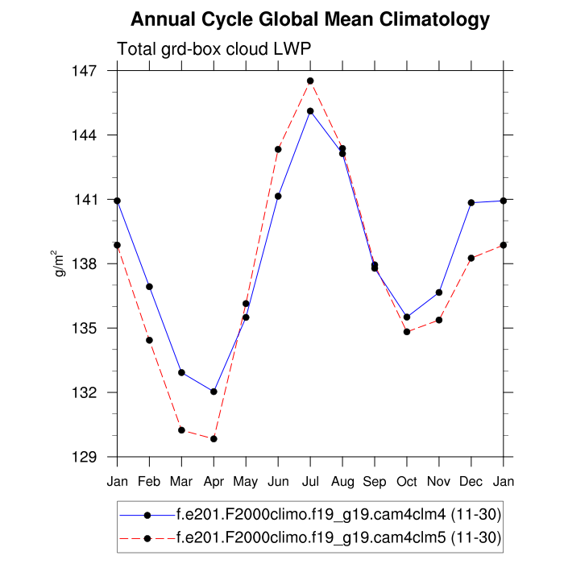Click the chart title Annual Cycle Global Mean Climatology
click(x=310, y=19)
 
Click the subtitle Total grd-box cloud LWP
click(x=214, y=49)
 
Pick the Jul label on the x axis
click(x=310, y=482)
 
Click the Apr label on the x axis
click(x=214, y=482)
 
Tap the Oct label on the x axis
click(x=407, y=482)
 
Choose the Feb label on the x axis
click(x=149, y=482)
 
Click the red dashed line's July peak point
click(x=310, y=81)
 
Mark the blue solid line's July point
click(x=310, y=111)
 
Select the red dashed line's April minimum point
click(x=214, y=438)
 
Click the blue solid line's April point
click(x=214, y=392)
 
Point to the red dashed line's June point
click(x=278, y=149)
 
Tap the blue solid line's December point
click(x=471, y=202)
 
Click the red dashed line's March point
click(x=181, y=430)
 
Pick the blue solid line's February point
click(x=149, y=287)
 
